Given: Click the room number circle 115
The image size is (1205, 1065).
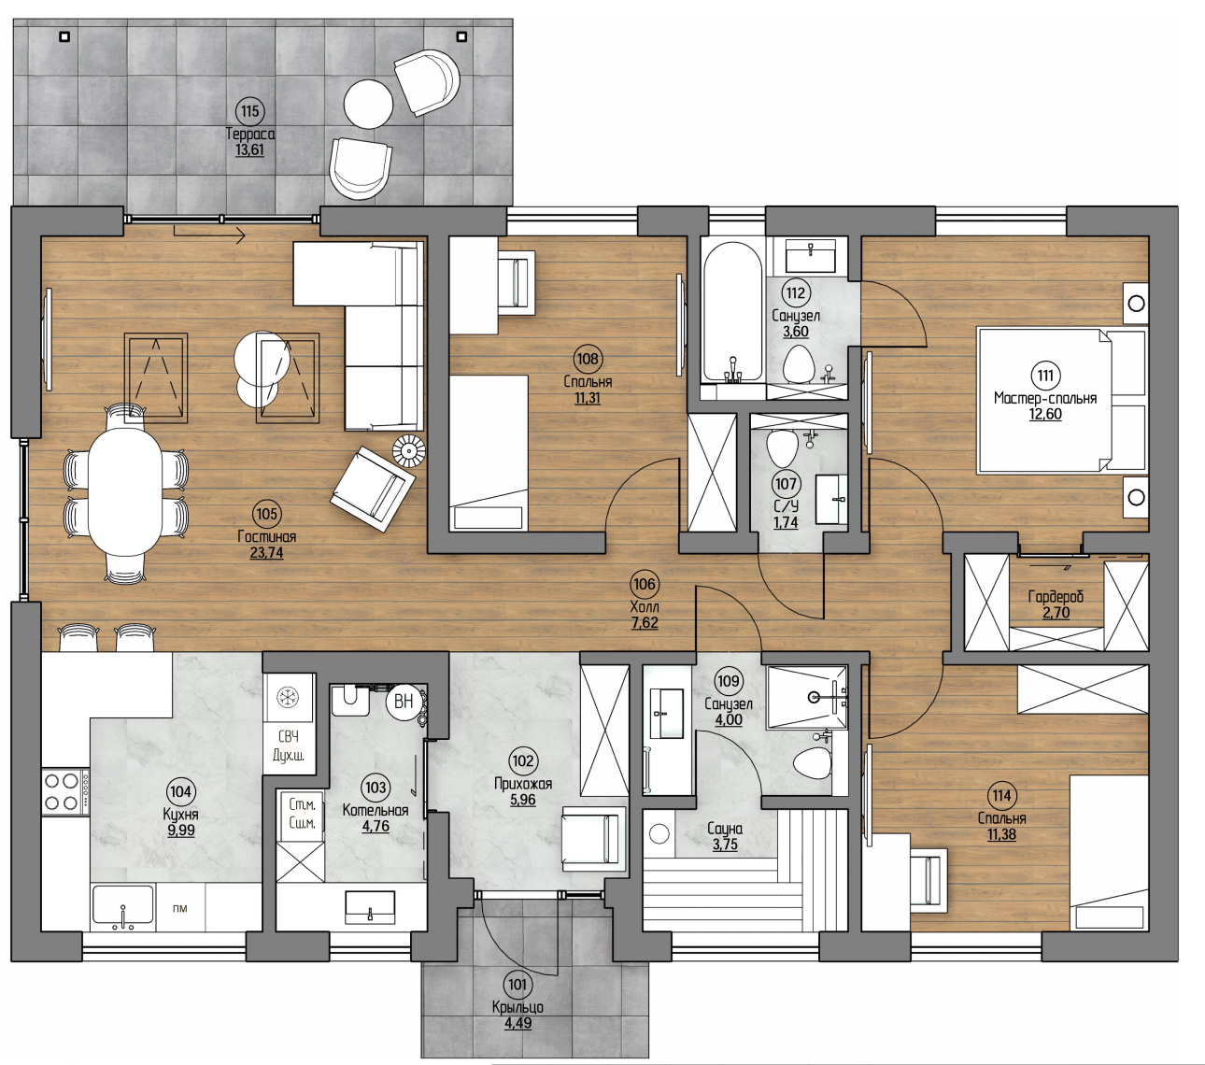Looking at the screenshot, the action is tap(249, 110).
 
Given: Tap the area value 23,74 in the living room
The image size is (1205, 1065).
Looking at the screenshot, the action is tap(266, 553).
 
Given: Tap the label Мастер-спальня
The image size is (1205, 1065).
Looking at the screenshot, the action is tap(1044, 398).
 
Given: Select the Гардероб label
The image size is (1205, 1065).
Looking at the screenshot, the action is tap(1056, 596).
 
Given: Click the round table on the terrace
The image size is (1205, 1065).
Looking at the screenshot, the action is tap(368, 104).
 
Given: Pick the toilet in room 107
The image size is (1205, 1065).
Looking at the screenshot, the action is tap(782, 448).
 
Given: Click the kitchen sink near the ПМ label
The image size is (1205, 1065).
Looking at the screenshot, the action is tap(122, 906).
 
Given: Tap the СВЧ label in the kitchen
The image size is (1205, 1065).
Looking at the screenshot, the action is tap(289, 737).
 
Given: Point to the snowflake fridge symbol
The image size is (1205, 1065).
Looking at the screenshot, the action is tap(289, 696).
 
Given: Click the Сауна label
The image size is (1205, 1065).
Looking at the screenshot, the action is tap(725, 829).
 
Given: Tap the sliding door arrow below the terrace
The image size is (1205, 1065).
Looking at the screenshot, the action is tap(209, 234).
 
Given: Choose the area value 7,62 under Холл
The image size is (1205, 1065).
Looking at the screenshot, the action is tap(645, 623).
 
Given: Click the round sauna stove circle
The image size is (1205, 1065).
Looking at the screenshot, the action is tap(659, 833).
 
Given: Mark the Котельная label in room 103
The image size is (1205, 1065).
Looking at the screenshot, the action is tap(376, 810).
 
